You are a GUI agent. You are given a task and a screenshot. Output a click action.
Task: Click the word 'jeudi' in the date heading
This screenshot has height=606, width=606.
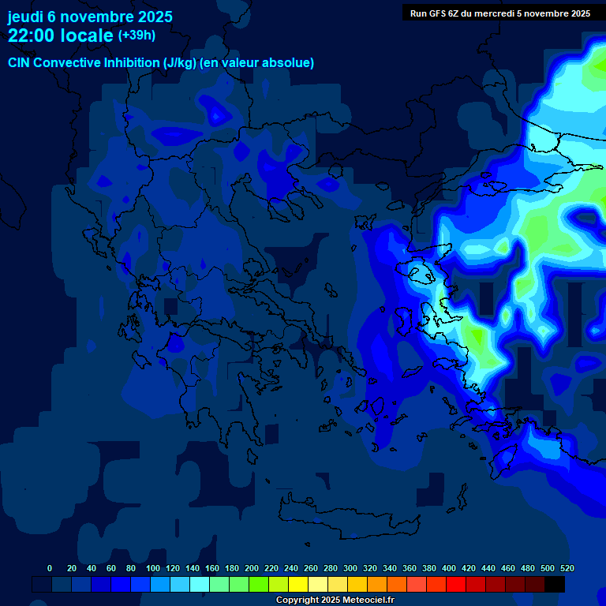coord(25,17)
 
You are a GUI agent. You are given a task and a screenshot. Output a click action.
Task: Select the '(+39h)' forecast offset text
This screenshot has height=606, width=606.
coord(137,36)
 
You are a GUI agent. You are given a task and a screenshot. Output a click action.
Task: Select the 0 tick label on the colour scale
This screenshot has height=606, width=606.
coord(50,568)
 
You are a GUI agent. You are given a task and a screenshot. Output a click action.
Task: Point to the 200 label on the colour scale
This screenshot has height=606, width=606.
coord(252,568)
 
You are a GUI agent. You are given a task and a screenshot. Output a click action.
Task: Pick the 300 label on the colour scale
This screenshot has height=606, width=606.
coord(350,568)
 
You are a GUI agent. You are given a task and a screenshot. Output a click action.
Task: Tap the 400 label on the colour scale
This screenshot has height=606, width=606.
coord(449,568)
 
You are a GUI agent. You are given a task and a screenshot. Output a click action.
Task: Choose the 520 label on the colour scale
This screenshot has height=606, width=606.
coord(567,568)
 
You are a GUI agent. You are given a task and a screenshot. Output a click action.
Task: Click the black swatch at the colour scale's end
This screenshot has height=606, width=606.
coord(555,585)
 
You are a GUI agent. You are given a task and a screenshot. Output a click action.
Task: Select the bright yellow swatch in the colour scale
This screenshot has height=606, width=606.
coord(298,585)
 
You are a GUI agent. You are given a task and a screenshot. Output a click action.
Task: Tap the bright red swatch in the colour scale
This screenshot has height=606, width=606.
coord(456,585)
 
